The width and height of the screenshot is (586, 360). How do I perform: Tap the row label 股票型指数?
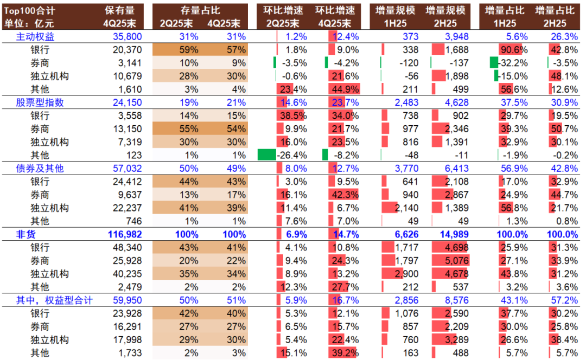(x=40, y=102)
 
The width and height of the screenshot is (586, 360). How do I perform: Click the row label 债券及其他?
(x=40, y=169)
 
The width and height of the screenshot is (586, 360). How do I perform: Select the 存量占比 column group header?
(x=200, y=10)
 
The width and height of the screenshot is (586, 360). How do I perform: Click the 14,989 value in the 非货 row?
(x=452, y=234)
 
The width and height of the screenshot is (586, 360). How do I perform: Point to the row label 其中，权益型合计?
(x=54, y=300)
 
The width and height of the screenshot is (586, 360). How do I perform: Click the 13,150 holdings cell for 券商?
(x=127, y=129)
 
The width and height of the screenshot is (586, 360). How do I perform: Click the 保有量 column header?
(x=123, y=10)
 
